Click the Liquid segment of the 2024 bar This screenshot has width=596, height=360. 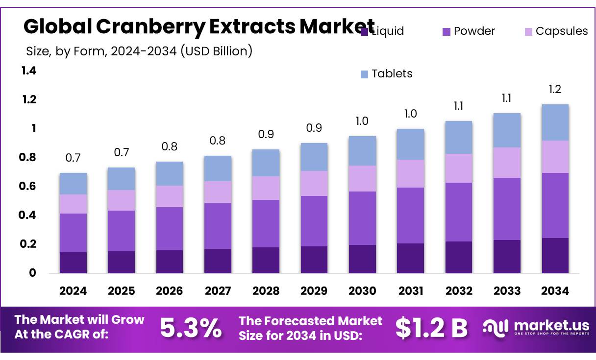(73, 263)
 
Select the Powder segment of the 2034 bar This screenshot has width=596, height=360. (555, 205)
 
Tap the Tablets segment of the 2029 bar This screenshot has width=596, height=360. (314, 157)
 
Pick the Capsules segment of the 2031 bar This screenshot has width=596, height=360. (410, 173)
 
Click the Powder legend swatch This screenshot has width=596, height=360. (447, 32)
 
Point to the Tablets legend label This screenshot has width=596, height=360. (392, 73)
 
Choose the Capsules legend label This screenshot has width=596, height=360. (561, 31)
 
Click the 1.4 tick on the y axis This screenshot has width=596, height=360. (29, 71)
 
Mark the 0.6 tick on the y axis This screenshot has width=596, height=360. (29, 186)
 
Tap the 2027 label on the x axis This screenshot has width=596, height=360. (218, 291)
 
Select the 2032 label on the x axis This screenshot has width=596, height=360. (459, 291)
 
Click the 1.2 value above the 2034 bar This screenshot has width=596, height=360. (555, 89)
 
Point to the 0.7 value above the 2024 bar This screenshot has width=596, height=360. (73, 158)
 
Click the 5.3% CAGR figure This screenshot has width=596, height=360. (191, 328)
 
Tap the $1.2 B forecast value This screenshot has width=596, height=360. (431, 328)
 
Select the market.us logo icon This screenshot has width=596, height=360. (496, 327)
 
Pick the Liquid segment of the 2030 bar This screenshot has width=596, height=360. (362, 259)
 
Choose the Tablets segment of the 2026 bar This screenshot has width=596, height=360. (170, 173)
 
